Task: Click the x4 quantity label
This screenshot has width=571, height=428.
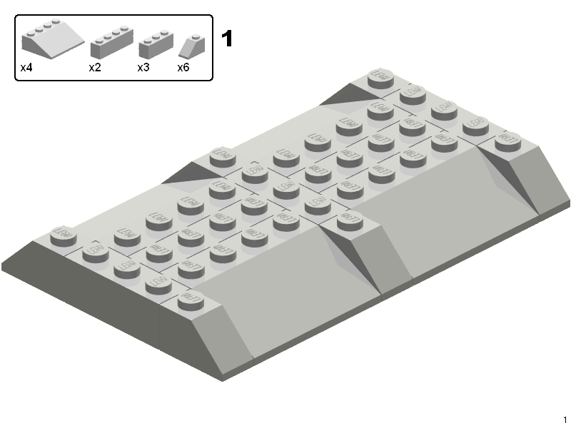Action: pos(26,68)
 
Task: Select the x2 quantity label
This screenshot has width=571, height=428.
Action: pos(95,68)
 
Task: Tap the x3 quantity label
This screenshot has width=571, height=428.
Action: pos(143,68)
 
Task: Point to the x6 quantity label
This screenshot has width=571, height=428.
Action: pos(183,68)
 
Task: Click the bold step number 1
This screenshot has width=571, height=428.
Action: pos(228,39)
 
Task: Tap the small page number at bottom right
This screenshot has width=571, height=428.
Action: pos(565,420)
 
